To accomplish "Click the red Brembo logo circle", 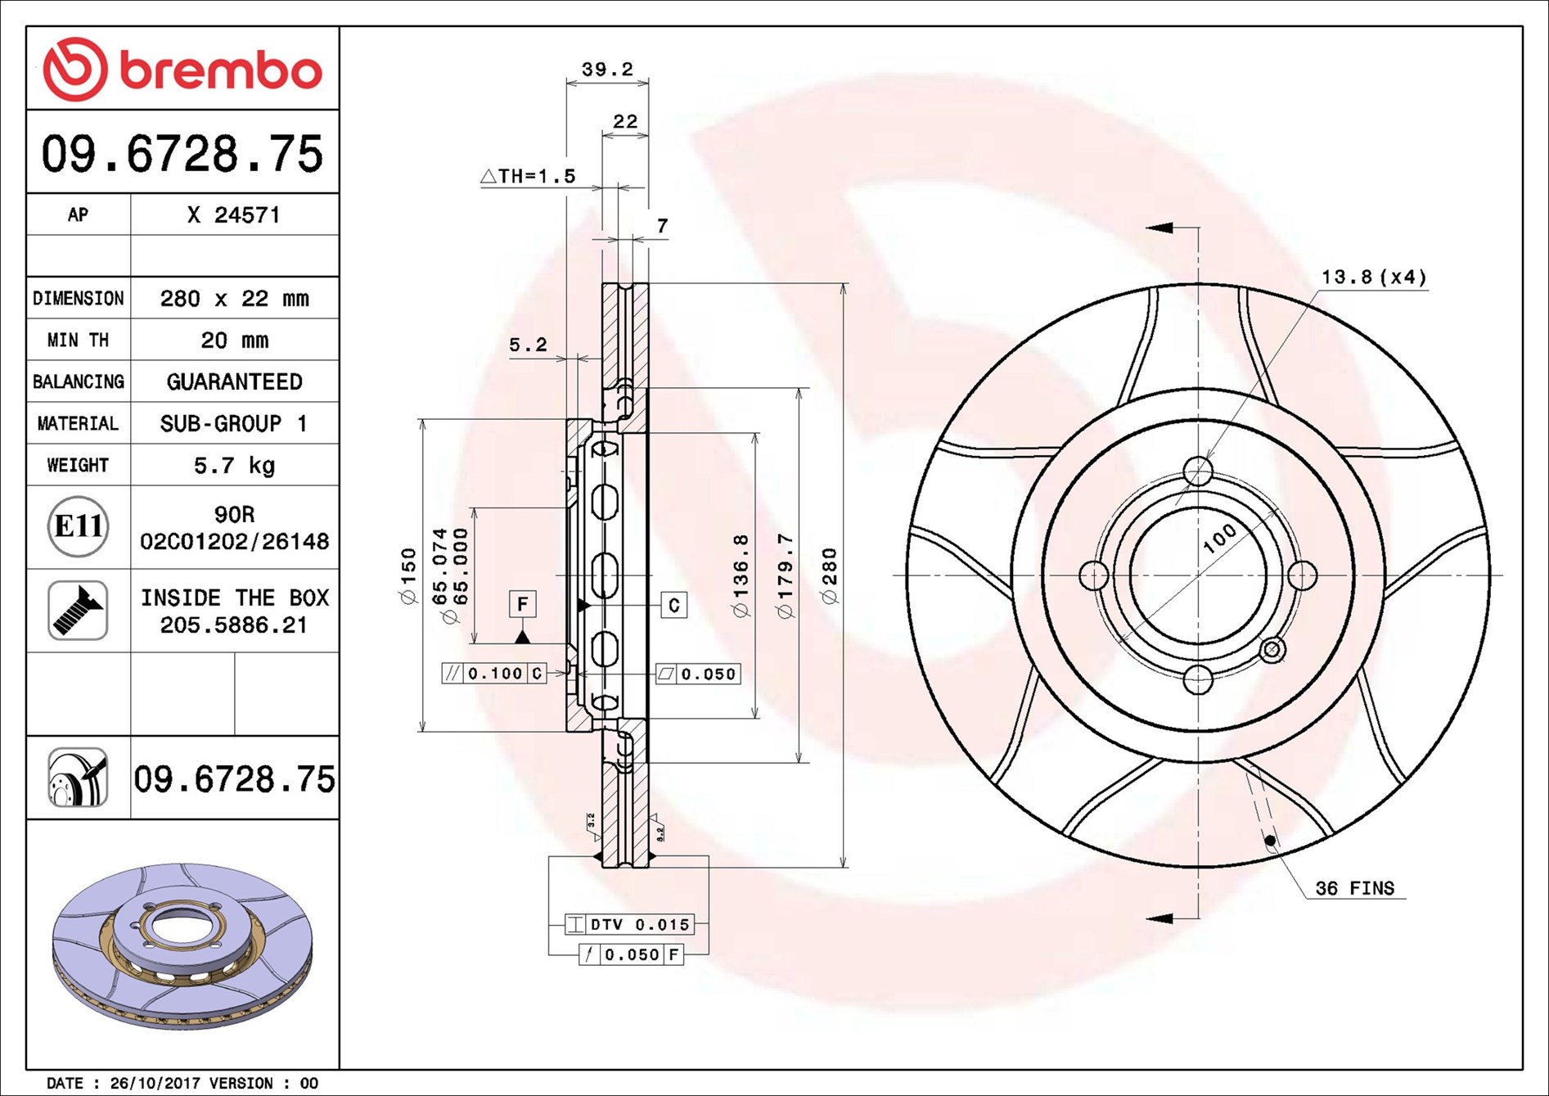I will coord(74,69).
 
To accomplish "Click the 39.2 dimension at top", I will coord(607,70).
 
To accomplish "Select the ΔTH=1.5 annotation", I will coord(529,176).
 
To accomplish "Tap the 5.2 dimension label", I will coord(528,345).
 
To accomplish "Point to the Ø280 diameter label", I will coord(830,576).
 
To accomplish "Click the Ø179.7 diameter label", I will coord(786,576).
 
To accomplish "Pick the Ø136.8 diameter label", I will coord(741,576).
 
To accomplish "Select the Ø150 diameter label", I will coord(408,576).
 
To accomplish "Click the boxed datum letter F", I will coord(522,604).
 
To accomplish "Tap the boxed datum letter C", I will coord(673,605).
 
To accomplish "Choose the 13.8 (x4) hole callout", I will coord(1373,277).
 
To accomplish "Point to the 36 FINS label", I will coord(1354,888).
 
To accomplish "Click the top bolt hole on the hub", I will coord(1198,471).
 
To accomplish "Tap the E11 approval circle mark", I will coord(78,526).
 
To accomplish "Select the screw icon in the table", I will coord(78,611).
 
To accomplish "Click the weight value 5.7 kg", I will coord(234,465).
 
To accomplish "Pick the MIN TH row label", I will coord(78,340).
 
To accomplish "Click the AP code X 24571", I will coord(234,214).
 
